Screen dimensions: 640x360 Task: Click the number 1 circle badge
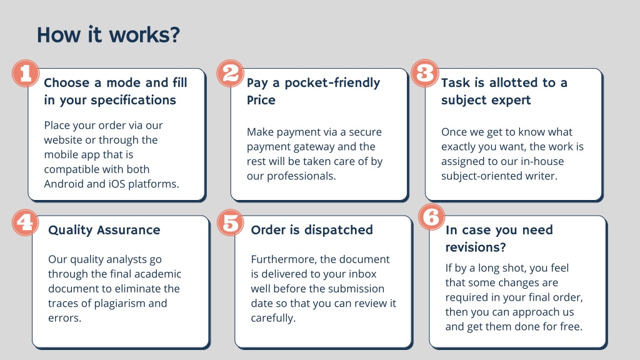[25, 74]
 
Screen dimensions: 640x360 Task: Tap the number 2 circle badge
[230, 74]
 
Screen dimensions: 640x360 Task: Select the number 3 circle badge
[425, 74]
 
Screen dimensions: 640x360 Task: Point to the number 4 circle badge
[25, 222]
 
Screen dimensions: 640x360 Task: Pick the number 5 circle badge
[230, 222]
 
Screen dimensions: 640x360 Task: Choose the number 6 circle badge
[432, 217]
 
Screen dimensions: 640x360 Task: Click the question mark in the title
[175, 35]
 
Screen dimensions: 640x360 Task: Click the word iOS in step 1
[117, 184]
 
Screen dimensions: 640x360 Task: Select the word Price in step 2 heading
[261, 100]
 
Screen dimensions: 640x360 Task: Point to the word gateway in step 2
[311, 147]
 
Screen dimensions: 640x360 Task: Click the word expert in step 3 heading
[512, 101]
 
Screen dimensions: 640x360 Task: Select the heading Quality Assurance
[104, 230]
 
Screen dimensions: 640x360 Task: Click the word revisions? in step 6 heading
[476, 247]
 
